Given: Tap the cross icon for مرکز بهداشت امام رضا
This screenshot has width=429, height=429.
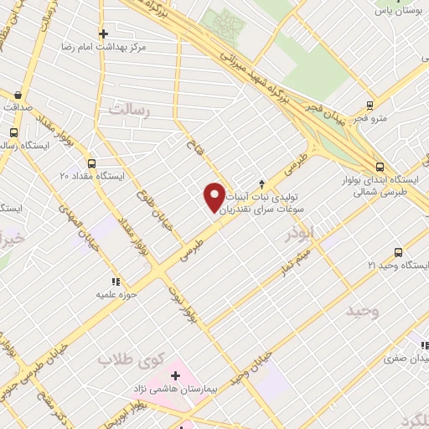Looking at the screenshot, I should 103,34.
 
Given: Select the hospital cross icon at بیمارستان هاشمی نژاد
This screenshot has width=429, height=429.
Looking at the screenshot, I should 175,375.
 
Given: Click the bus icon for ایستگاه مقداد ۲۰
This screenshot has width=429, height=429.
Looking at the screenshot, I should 91,163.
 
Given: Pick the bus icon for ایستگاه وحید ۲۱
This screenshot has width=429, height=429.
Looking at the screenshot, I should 397,251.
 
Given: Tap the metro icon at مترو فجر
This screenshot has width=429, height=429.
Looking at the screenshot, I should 370,106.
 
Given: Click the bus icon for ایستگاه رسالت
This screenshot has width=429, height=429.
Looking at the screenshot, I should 13,132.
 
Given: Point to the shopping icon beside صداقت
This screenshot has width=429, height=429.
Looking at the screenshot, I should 18,95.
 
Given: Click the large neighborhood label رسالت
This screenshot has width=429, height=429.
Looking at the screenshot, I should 128,110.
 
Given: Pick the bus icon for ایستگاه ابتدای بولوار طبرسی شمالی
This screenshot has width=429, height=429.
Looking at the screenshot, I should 380,166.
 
